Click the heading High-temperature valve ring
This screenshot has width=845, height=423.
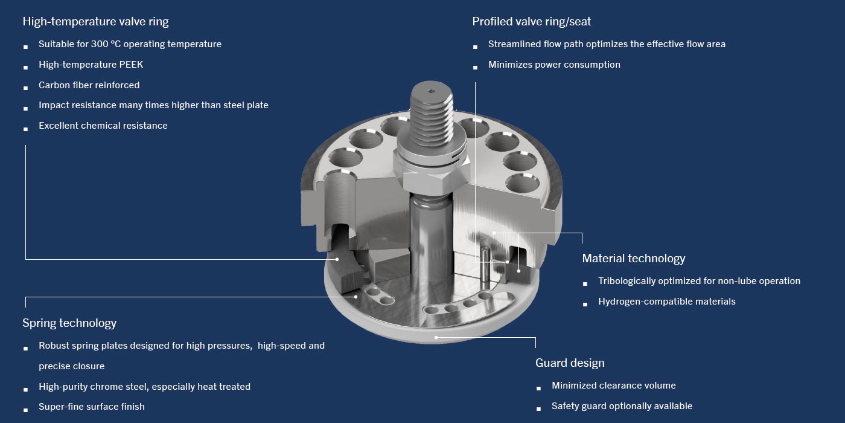pos(95,22)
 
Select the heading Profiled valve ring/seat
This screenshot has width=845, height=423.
pos(531,22)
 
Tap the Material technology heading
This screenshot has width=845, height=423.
pos(633,259)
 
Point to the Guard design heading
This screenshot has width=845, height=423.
pos(569,363)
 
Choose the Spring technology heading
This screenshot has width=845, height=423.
pos(69,323)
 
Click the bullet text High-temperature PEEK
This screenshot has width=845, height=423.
pos(91,65)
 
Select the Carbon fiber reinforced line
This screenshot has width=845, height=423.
pos(89,85)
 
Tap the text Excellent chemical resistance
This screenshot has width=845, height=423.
pos(103,126)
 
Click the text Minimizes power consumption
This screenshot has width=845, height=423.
pos(554,65)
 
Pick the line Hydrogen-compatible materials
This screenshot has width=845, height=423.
pos(666,302)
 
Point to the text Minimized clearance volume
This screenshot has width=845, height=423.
pos(613,386)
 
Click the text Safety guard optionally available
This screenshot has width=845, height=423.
pos(622,406)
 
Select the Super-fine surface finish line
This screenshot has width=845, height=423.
pos(91,407)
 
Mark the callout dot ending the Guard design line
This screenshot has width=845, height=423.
pos(436,337)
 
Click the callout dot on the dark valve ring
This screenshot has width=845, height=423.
pos(337,259)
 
